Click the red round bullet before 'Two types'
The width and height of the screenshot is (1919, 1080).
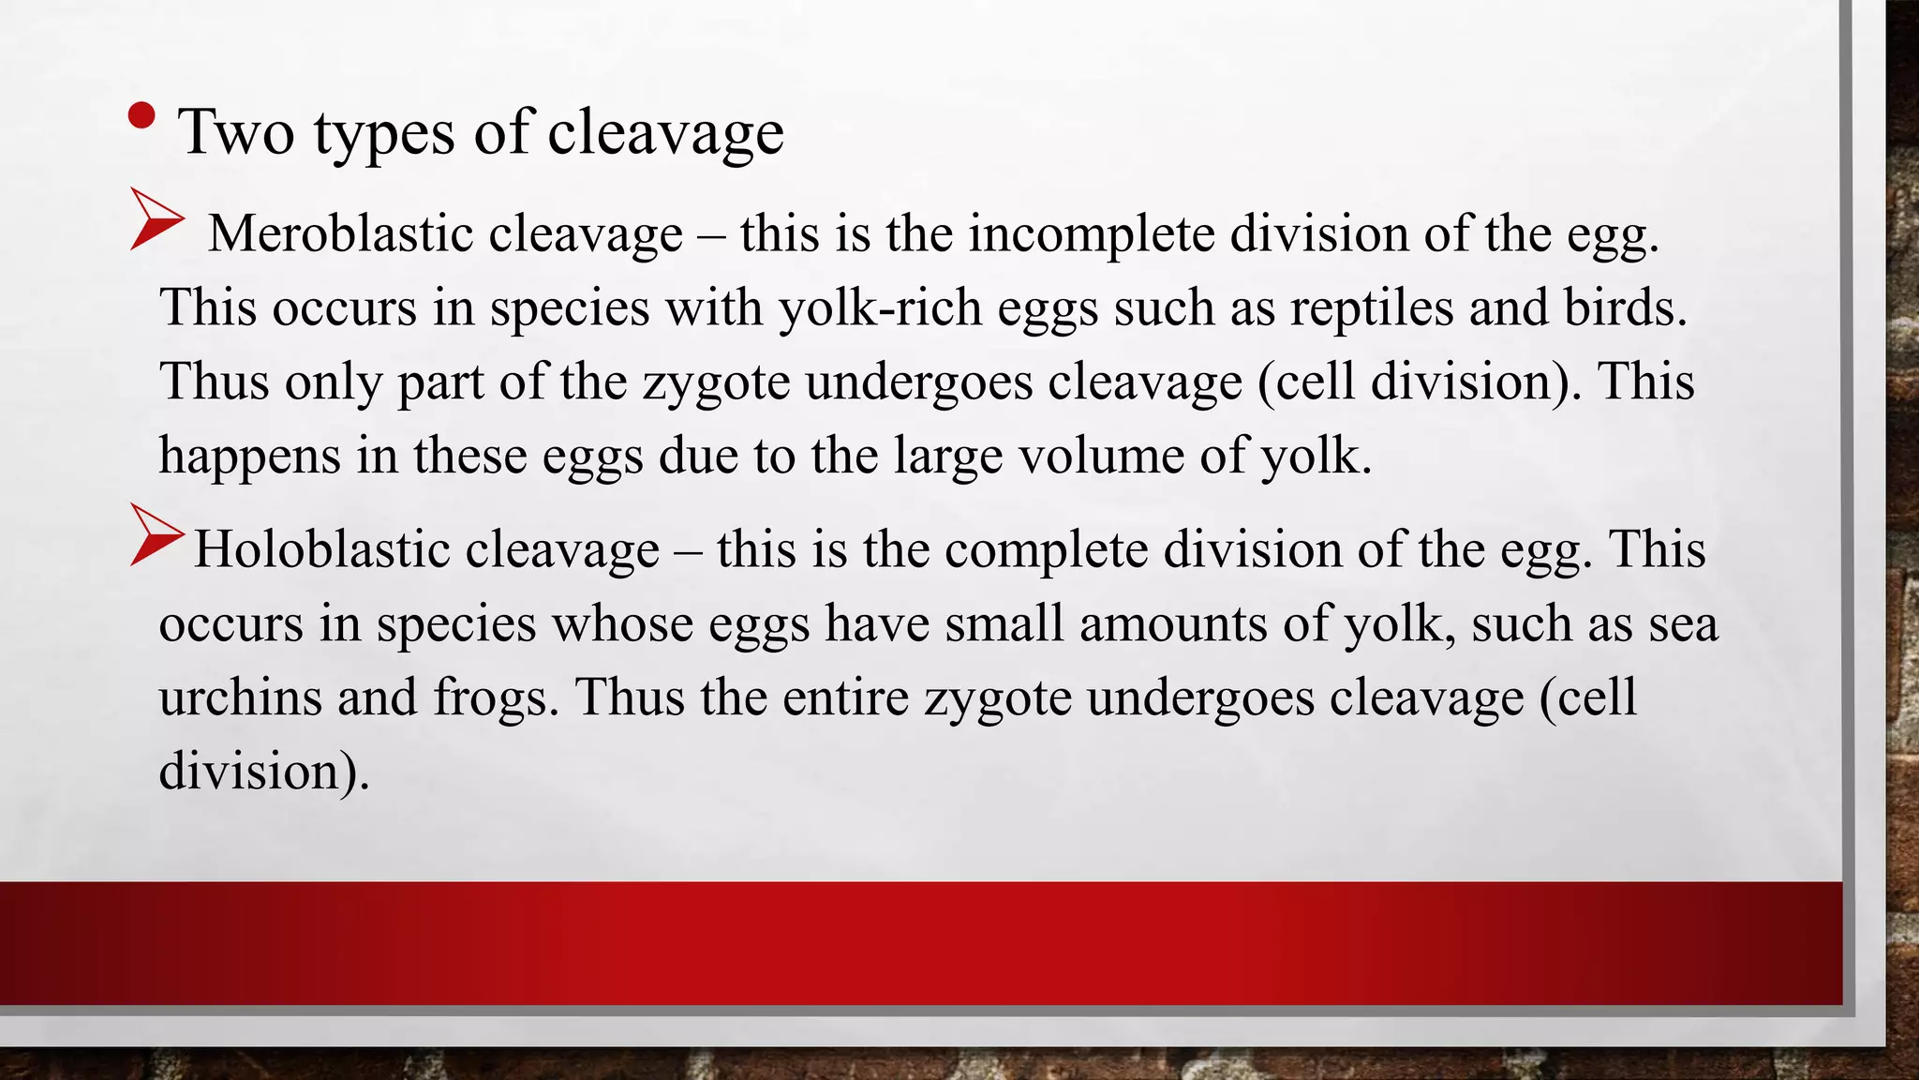(x=141, y=115)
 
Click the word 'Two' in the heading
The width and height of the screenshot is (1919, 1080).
(x=236, y=132)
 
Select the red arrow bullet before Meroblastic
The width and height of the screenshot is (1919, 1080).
(x=156, y=218)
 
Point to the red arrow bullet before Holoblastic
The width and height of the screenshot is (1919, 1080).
(x=156, y=534)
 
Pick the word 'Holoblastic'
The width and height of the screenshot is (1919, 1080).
(x=321, y=549)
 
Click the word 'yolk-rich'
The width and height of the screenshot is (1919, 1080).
(x=880, y=307)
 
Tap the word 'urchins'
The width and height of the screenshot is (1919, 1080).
(x=240, y=697)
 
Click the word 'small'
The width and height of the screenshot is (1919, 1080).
(x=1004, y=623)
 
